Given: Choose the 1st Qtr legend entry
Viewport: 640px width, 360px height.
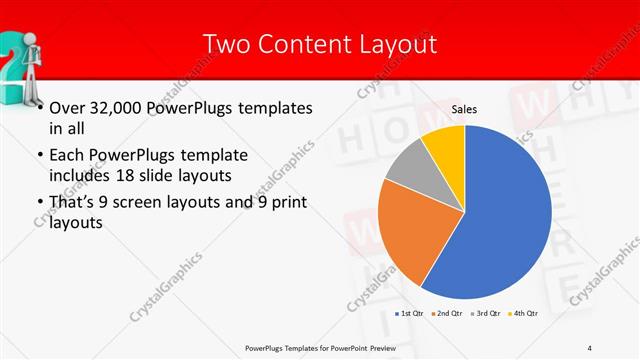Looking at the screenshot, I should pyautogui.click(x=409, y=314).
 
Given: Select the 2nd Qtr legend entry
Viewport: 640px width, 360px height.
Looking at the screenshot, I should pyautogui.click(x=447, y=314).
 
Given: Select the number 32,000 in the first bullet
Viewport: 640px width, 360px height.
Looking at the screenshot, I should pyautogui.click(x=117, y=107).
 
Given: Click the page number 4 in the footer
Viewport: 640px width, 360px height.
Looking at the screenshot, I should pyautogui.click(x=590, y=347).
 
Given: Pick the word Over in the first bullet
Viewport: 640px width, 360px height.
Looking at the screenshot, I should pyautogui.click(x=66, y=107).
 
